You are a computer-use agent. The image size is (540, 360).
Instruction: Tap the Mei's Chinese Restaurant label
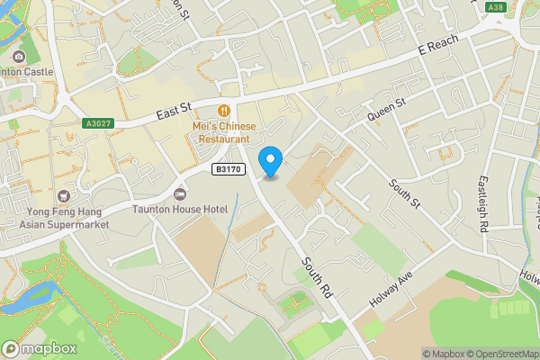pyautogui.click(x=224, y=132)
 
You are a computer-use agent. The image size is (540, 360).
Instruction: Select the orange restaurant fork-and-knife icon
pyautogui.click(x=224, y=111)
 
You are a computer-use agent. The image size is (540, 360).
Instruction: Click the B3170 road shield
pyautogui.click(x=229, y=168)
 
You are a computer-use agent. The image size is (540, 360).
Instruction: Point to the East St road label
pyautogui.click(x=175, y=112)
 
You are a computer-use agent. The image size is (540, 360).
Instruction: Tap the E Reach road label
pyautogui.click(x=438, y=45)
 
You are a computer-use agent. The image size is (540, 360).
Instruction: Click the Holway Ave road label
pyautogui.click(x=390, y=287)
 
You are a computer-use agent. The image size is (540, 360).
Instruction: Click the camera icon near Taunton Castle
pyautogui.click(x=19, y=58)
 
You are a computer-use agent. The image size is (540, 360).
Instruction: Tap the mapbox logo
pyautogui.click(x=40, y=348)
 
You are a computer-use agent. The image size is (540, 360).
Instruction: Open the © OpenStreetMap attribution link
pyautogui.click(x=503, y=354)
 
